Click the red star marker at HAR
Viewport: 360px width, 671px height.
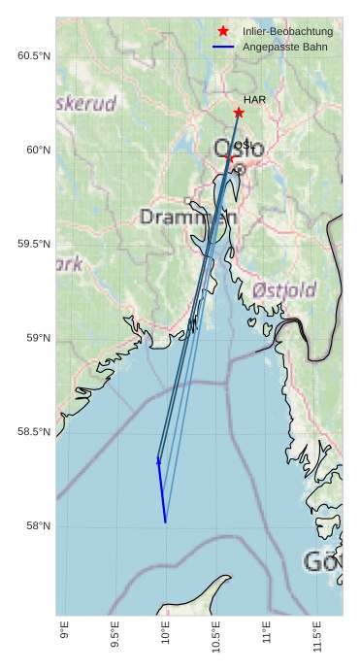tap(239, 113)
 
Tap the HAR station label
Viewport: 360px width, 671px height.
tap(254, 100)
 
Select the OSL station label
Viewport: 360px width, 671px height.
tap(244, 146)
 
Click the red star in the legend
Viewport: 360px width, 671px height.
tap(224, 31)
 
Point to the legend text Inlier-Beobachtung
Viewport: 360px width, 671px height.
tap(288, 32)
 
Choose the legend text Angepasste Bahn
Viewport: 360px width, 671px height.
tap(285, 47)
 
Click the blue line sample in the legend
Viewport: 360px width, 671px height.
tap(224, 47)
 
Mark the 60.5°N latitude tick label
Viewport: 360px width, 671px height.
tap(33, 56)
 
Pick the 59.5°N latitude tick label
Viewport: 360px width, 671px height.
tap(33, 244)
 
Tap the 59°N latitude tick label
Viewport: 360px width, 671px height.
tap(38, 338)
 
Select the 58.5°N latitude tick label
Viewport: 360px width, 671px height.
tap(33, 432)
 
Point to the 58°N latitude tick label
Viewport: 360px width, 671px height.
tap(38, 526)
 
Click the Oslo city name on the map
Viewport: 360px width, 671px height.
tap(237, 150)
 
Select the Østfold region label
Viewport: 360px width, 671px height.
tap(283, 290)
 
